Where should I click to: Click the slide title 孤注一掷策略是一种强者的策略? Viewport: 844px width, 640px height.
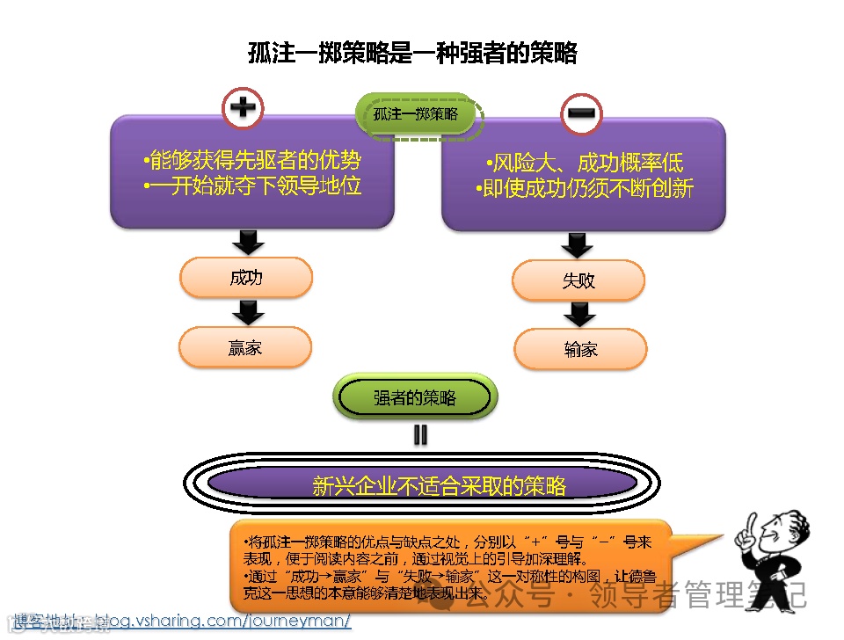(412, 54)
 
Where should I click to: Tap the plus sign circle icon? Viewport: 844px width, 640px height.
(243, 108)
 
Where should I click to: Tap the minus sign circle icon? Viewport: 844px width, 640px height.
(583, 113)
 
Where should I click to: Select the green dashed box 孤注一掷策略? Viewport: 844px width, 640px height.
(420, 114)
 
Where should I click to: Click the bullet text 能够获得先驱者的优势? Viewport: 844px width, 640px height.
(251, 161)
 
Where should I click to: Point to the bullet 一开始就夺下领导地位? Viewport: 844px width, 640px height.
(251, 186)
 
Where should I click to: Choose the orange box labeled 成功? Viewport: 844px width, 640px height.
(246, 278)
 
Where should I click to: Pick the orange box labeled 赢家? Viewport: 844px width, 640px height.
(246, 347)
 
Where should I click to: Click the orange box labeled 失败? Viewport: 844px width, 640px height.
(578, 280)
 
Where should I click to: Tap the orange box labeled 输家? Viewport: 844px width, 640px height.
(580, 349)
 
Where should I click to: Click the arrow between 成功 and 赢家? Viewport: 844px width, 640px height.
(247, 312)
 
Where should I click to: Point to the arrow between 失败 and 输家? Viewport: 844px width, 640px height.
(579, 314)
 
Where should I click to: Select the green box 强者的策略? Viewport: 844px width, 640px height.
(415, 398)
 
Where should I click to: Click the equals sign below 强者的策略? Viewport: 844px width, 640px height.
(420, 434)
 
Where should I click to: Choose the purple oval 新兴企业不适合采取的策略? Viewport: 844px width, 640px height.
(422, 484)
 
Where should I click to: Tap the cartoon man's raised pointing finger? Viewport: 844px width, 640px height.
(740, 528)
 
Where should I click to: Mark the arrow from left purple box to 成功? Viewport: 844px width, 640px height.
(247, 242)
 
